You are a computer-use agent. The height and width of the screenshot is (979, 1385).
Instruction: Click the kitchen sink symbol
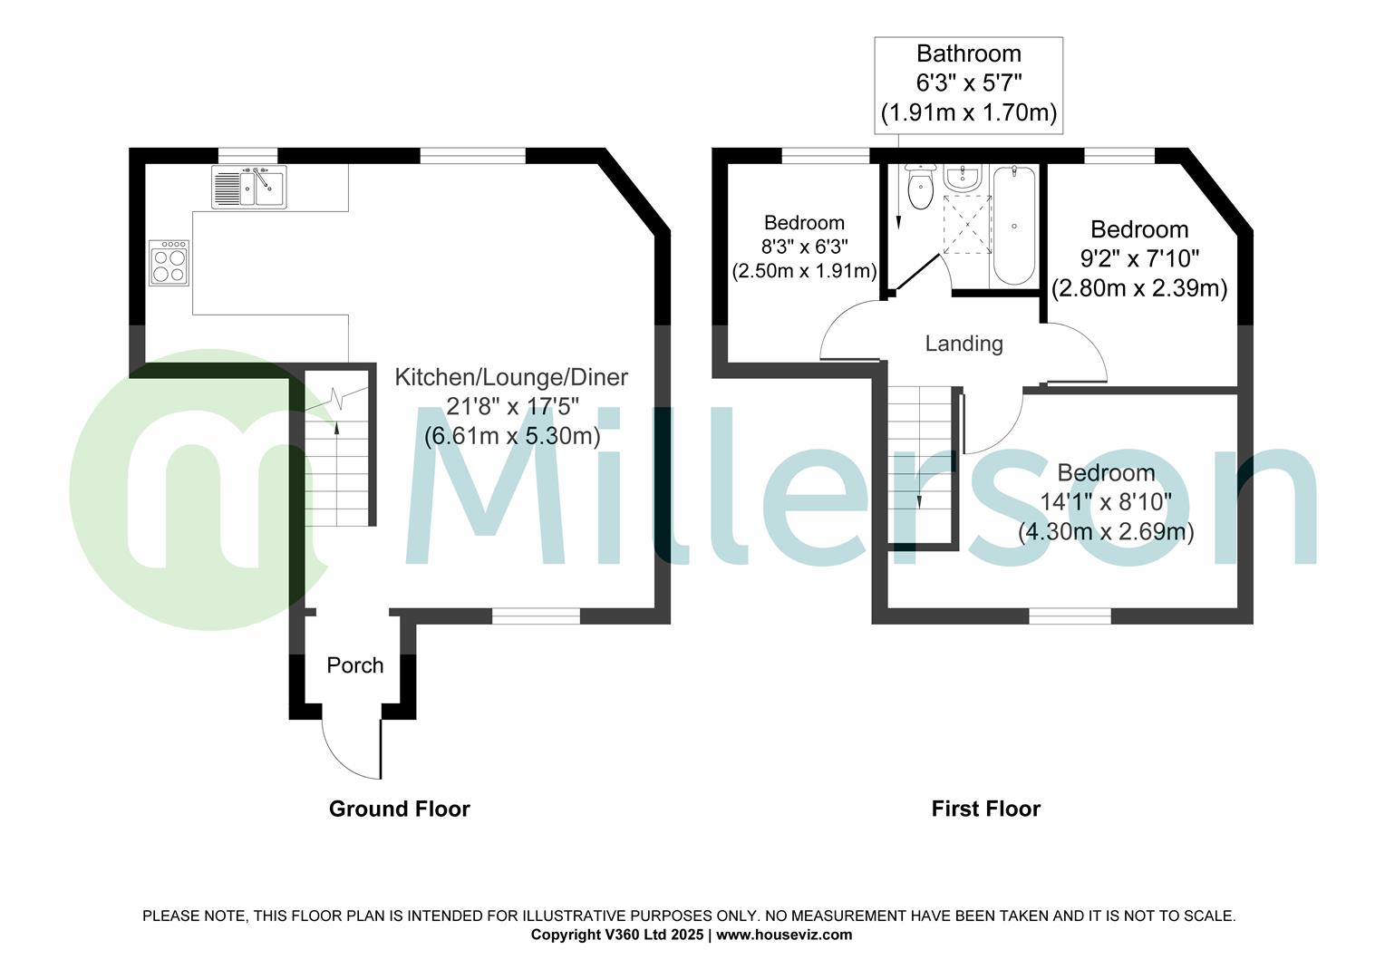click(x=249, y=187)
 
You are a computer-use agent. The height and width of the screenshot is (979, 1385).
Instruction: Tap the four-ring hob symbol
click(x=169, y=263)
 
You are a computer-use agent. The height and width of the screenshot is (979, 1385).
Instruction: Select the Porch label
click(x=354, y=665)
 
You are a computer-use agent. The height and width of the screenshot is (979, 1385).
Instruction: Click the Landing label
click(x=964, y=344)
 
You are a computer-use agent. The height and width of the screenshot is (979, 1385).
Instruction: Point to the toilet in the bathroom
click(x=920, y=188)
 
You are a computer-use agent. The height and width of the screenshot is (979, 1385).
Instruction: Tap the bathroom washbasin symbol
click(x=961, y=178)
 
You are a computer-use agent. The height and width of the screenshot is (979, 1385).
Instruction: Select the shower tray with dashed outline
click(x=967, y=224)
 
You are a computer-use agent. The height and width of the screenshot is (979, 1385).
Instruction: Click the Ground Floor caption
click(x=399, y=809)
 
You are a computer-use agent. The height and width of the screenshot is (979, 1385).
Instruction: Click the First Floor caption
click(x=985, y=809)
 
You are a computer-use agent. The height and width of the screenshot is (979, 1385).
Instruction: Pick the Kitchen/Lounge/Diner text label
click(x=511, y=377)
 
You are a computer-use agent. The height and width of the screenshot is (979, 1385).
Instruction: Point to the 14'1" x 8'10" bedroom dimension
click(x=1106, y=501)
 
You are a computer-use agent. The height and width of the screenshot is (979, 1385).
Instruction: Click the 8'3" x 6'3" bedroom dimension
click(x=804, y=247)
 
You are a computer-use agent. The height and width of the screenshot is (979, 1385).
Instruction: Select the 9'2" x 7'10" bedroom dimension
click(x=1139, y=259)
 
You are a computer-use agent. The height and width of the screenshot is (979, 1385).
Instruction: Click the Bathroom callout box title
click(x=968, y=53)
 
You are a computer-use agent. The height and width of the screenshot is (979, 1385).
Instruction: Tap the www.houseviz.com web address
click(x=784, y=935)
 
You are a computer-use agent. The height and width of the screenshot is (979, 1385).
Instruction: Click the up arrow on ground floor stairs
click(x=337, y=431)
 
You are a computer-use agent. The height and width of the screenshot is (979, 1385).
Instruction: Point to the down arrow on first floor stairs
click(x=920, y=500)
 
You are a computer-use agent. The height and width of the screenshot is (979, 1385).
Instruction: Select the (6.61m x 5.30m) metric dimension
click(x=512, y=436)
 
